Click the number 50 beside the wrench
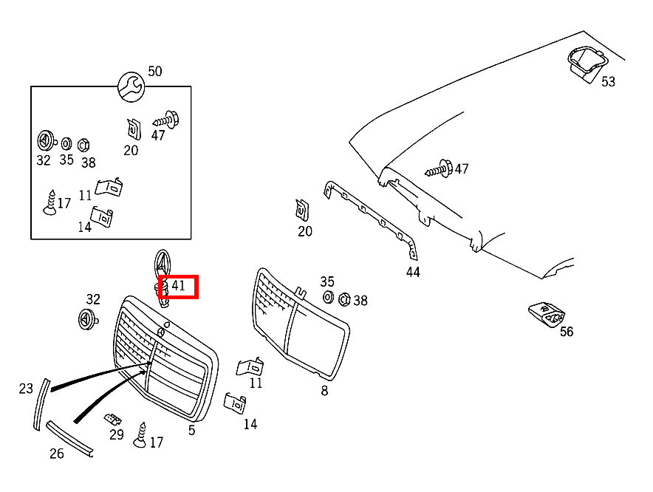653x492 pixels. (x=154, y=72)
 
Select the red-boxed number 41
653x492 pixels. (x=178, y=285)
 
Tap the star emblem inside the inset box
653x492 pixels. (x=45, y=140)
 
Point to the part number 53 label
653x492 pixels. (x=608, y=82)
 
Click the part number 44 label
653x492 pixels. (x=413, y=272)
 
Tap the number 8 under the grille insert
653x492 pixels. (x=324, y=391)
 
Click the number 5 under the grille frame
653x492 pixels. (x=192, y=430)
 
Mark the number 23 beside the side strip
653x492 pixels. (x=26, y=388)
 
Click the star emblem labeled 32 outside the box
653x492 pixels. (x=89, y=319)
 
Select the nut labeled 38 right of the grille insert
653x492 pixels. (x=343, y=298)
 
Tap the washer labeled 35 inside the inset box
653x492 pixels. (x=66, y=143)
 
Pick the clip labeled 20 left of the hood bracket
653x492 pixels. (x=302, y=210)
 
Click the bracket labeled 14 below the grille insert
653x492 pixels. (x=234, y=403)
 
